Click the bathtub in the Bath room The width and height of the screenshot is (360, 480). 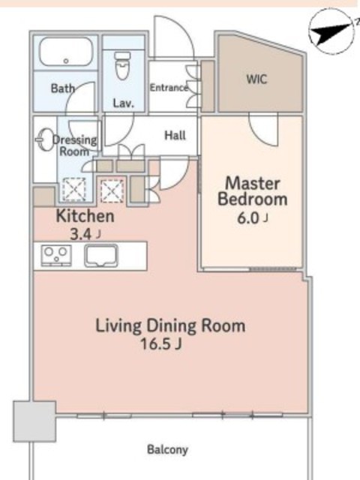pyautogui.click(x=66, y=52)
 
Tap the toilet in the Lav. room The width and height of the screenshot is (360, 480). pyautogui.click(x=123, y=65)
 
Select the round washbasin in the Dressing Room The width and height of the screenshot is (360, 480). pyautogui.click(x=44, y=139)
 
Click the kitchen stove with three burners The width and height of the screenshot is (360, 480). pyautogui.click(x=56, y=255)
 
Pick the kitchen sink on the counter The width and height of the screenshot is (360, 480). pyautogui.click(x=101, y=256)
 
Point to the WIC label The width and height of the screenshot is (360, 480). pyautogui.click(x=256, y=79)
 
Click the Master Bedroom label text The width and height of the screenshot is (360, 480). pyautogui.click(x=253, y=191)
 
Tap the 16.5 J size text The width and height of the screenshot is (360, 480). pyautogui.click(x=161, y=344)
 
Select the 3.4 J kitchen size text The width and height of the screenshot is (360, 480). pyautogui.click(x=85, y=235)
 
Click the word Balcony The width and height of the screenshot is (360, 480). pyautogui.click(x=167, y=450)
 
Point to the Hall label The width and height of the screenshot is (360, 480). pyautogui.click(x=175, y=135)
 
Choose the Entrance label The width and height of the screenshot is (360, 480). pyautogui.click(x=169, y=88)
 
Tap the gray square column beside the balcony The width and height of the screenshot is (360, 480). pyautogui.click(x=34, y=421)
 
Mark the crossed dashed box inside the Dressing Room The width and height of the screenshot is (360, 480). pyautogui.click(x=74, y=189)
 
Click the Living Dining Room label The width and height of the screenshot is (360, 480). pyautogui.click(x=170, y=325)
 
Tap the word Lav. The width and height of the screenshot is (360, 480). pyautogui.click(x=124, y=103)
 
